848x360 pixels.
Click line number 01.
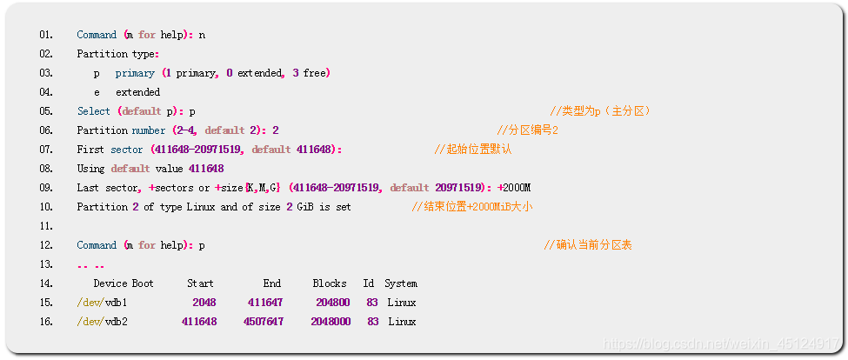click(45, 35)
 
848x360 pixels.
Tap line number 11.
click(45, 226)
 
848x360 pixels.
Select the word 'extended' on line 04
click(137, 92)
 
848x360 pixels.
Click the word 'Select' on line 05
click(93, 111)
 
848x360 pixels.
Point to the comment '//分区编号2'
click(527, 130)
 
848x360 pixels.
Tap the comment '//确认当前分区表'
click(588, 245)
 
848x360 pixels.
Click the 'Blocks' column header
click(330, 283)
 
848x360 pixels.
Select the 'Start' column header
click(200, 283)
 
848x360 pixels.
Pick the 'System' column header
click(401, 283)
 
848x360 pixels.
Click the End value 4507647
click(264, 322)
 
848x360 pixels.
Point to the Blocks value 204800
click(333, 303)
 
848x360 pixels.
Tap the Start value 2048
click(204, 303)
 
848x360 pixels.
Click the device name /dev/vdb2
click(103, 322)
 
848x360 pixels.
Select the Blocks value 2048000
click(331, 322)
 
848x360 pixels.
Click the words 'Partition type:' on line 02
click(117, 54)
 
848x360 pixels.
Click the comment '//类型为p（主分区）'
click(600, 111)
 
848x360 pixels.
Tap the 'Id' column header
click(369, 283)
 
